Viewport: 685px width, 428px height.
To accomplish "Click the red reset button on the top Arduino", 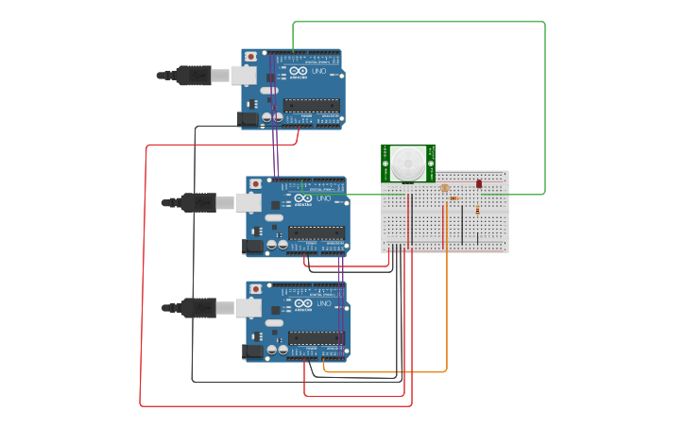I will coord(250,57).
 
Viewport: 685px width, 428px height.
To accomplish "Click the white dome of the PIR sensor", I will coord(408,163).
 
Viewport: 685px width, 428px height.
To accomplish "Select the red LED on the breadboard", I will coord(479,183).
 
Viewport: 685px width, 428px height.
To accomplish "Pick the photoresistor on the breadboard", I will coord(445,188).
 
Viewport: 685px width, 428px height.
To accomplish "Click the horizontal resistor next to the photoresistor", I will coord(455,198).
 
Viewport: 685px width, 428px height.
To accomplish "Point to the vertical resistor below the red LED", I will coord(477,210).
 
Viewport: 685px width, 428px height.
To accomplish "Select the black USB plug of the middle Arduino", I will coord(198,202).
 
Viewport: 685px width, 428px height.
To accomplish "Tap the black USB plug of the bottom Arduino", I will coord(198,307).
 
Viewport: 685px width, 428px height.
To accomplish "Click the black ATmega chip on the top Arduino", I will coord(311,105).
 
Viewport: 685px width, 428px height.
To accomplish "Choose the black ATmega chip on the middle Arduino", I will coord(317,232).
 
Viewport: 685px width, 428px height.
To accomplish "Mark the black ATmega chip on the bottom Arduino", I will coord(317,337).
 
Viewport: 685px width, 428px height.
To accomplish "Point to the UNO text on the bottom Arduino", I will coord(324,303).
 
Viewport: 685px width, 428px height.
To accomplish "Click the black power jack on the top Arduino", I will coord(248,119).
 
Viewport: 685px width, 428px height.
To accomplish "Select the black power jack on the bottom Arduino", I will coord(253,351).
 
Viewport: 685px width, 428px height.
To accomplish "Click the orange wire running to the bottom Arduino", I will coord(446,312).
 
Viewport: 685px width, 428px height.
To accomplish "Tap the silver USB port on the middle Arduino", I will coord(248,202).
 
